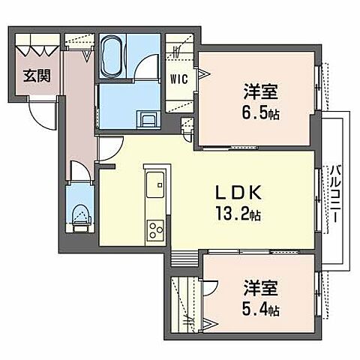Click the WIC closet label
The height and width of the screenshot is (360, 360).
point(178,79)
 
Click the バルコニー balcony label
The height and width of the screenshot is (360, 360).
point(334,194)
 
